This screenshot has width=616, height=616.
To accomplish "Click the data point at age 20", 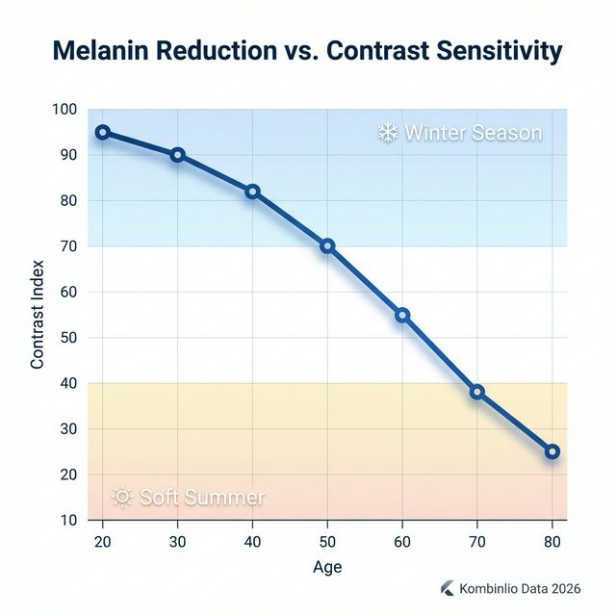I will [103, 133].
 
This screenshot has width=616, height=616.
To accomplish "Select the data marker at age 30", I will [178, 155].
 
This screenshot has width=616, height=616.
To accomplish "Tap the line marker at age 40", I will [252, 192].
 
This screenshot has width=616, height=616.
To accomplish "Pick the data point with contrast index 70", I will [327, 246].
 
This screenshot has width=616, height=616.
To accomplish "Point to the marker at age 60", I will [402, 315].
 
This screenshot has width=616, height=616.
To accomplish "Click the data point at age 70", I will [477, 392].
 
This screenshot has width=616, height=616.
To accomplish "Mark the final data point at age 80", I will [552, 451].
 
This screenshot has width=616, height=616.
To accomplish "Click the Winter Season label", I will [473, 133].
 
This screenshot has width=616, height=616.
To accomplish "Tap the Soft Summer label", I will [202, 498].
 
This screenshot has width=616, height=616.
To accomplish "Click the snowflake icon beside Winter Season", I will [388, 133].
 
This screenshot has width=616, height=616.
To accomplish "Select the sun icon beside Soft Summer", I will [122, 498].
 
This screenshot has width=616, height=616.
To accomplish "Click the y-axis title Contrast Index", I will [38, 315].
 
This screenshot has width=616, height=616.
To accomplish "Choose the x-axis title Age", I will [327, 567].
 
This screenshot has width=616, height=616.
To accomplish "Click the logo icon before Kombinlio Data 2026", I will [447, 588].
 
